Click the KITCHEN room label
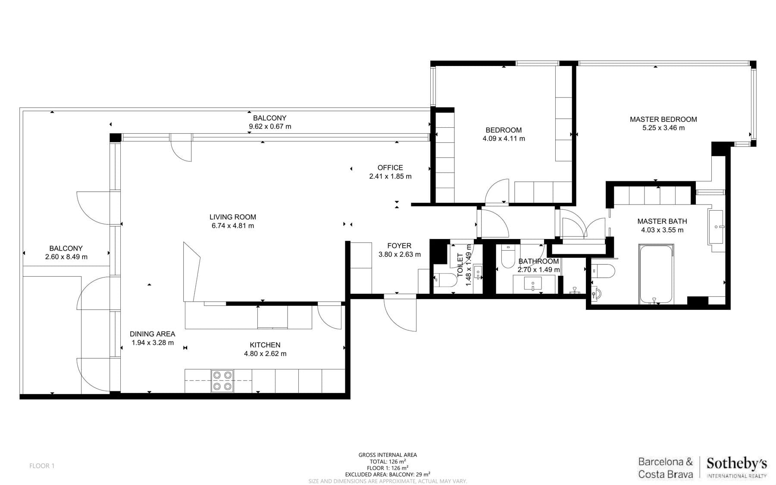(265, 345)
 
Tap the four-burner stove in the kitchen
(222, 381)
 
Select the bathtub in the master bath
(656, 274)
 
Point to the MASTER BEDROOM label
(663, 119)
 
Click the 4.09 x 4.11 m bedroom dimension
(504, 139)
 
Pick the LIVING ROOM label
(233, 217)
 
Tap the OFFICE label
(390, 167)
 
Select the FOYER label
(399, 246)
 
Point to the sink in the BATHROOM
(533, 284)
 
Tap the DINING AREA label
(153, 334)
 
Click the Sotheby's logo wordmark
(737, 464)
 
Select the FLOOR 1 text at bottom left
(42, 466)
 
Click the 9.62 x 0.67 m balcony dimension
(270, 126)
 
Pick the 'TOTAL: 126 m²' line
(388, 461)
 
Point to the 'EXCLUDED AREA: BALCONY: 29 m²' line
(388, 474)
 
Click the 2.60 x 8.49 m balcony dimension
(66, 257)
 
